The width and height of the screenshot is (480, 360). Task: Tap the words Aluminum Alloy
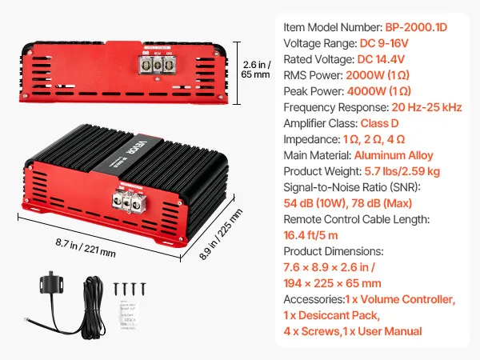[394, 156]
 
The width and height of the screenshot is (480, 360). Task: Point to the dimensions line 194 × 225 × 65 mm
[332, 283]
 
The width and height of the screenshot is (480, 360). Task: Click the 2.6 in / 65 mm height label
[255, 70]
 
